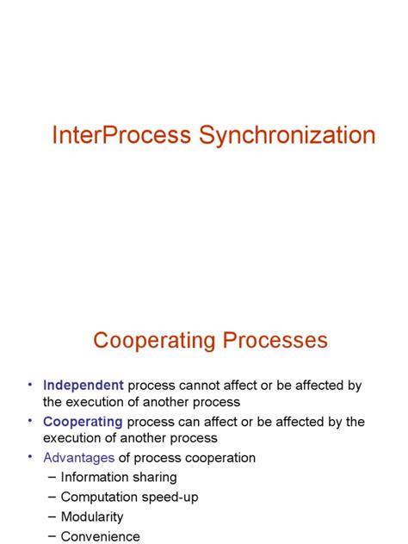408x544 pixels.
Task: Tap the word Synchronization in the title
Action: [x=287, y=136]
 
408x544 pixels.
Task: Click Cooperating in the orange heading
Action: [x=154, y=341]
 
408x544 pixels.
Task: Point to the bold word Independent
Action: [x=83, y=386]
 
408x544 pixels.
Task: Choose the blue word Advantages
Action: [x=78, y=458]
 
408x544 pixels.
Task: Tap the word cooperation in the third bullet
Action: [x=219, y=458]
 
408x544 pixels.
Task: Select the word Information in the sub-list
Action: [x=96, y=477]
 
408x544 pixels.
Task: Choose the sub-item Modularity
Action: [x=92, y=516]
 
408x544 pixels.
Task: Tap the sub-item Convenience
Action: [x=100, y=536]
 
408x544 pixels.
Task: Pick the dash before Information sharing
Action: [x=53, y=477]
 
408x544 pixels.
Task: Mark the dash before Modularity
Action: [x=53, y=516]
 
